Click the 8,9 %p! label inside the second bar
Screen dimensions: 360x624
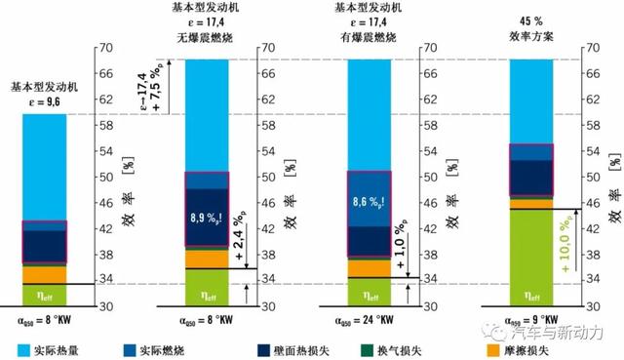(x=206, y=206)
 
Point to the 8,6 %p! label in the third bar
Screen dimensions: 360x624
(x=369, y=206)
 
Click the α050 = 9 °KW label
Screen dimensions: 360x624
(x=530, y=318)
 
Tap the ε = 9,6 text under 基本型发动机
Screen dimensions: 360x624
(x=42, y=100)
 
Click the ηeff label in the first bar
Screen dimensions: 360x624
(x=42, y=293)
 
